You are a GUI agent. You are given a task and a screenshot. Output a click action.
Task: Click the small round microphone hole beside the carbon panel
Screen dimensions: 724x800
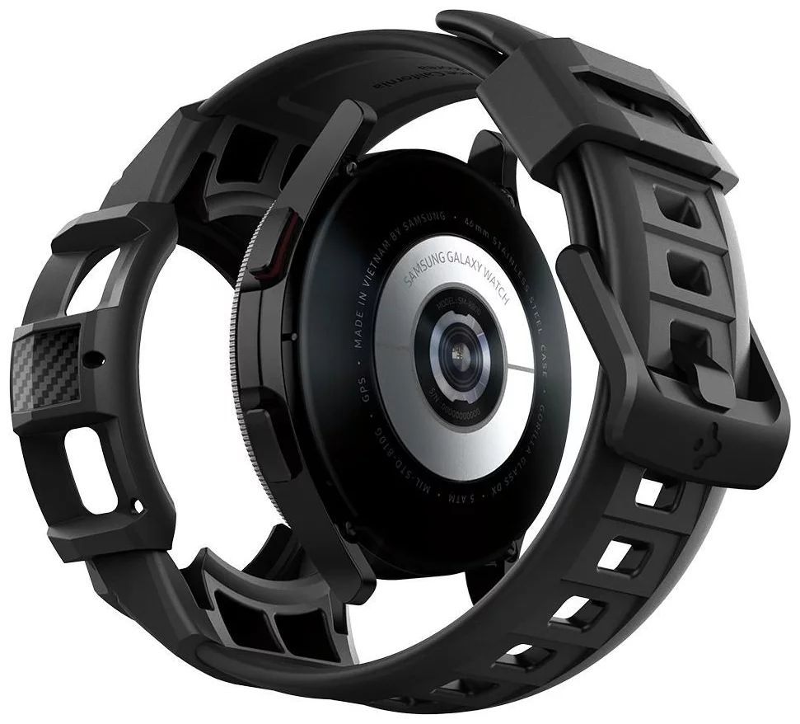point(100,359)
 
